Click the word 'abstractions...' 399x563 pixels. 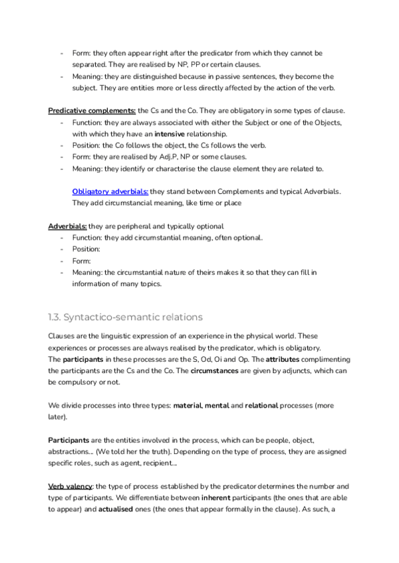click(70, 451)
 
